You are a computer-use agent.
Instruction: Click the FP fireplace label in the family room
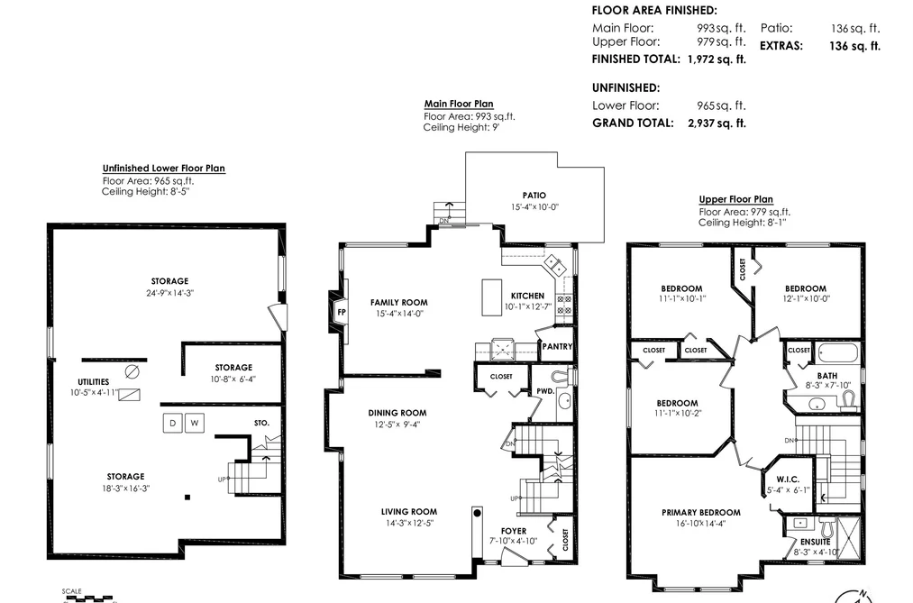pyautogui.click(x=342, y=312)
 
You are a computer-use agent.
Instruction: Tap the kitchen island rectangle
pyautogui.click(x=491, y=297)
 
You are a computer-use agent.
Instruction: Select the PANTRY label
pyautogui.click(x=557, y=346)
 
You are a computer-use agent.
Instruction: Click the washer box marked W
pyautogui.click(x=195, y=423)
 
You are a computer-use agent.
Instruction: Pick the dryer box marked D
pyautogui.click(x=172, y=423)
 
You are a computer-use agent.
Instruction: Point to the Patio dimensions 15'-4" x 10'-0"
pyautogui.click(x=534, y=206)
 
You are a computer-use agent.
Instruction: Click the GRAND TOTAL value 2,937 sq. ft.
pyautogui.click(x=717, y=123)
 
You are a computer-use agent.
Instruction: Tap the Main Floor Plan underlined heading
pyautogui.click(x=459, y=104)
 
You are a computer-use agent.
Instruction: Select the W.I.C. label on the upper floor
pyautogui.click(x=788, y=479)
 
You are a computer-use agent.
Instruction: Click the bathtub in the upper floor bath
pyautogui.click(x=838, y=353)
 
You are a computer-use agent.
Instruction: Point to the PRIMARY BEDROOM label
pyautogui.click(x=701, y=512)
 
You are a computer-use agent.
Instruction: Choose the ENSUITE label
pyautogui.click(x=815, y=542)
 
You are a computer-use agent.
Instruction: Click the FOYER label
pyautogui.click(x=514, y=531)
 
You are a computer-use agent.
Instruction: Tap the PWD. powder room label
pyautogui.click(x=545, y=391)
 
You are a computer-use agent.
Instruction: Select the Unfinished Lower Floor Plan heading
pyautogui.click(x=164, y=169)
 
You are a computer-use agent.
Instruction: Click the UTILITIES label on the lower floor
pyautogui.click(x=94, y=382)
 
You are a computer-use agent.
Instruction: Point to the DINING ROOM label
pyautogui.click(x=397, y=413)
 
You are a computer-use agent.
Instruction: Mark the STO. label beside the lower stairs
pyautogui.click(x=262, y=423)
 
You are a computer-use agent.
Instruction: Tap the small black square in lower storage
pyautogui.click(x=187, y=497)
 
